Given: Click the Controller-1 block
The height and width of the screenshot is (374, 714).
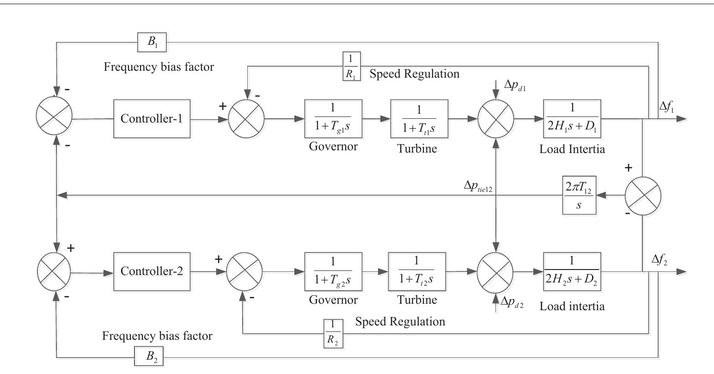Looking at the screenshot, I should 152,118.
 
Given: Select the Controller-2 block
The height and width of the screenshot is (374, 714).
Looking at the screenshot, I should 152,271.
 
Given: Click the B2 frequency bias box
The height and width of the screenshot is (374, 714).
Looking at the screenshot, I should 148,358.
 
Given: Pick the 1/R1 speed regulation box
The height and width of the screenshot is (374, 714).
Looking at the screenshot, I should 351,66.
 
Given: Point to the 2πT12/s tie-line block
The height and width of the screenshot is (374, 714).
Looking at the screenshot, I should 579,195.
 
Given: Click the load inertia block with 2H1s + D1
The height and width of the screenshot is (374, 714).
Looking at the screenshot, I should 572,118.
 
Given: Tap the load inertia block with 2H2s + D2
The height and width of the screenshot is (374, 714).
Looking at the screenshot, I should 572,271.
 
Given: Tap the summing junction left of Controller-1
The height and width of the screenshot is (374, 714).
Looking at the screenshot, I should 55,118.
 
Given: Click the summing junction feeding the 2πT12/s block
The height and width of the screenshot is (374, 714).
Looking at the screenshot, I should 643,195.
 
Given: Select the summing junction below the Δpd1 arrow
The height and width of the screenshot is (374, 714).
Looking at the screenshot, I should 495,118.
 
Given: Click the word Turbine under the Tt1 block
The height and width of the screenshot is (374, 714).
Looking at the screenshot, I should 417,148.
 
